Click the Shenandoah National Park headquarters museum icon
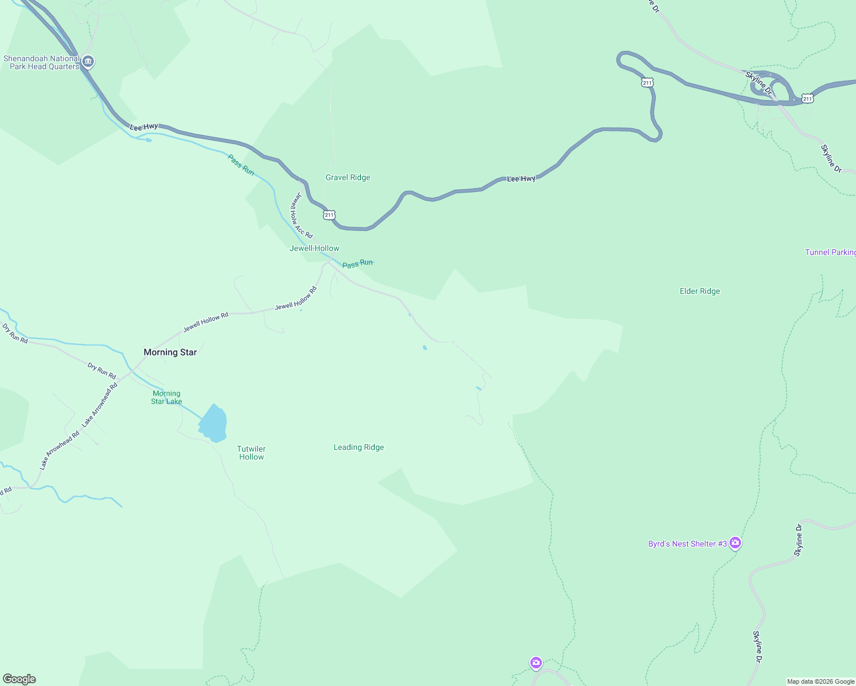[x=88, y=62]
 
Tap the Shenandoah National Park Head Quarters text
[x=41, y=62]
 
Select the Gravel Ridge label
[x=348, y=177]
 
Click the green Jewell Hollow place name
[x=314, y=248]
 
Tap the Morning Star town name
[x=170, y=352]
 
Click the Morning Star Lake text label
[x=167, y=397]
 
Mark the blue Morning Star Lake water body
[x=213, y=424]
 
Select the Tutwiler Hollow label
[x=251, y=453]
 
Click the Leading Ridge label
[x=359, y=447]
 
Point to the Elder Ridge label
[x=700, y=291]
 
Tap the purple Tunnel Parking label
[x=830, y=252]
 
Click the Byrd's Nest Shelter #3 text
[x=687, y=544]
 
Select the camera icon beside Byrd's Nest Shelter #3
[x=735, y=543]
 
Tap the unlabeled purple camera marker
[x=536, y=663]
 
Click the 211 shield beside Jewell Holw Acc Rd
[x=329, y=215]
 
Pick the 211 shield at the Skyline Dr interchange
[x=807, y=98]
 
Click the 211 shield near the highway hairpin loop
[x=647, y=82]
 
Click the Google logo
[x=20, y=679]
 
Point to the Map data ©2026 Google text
[x=821, y=681]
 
